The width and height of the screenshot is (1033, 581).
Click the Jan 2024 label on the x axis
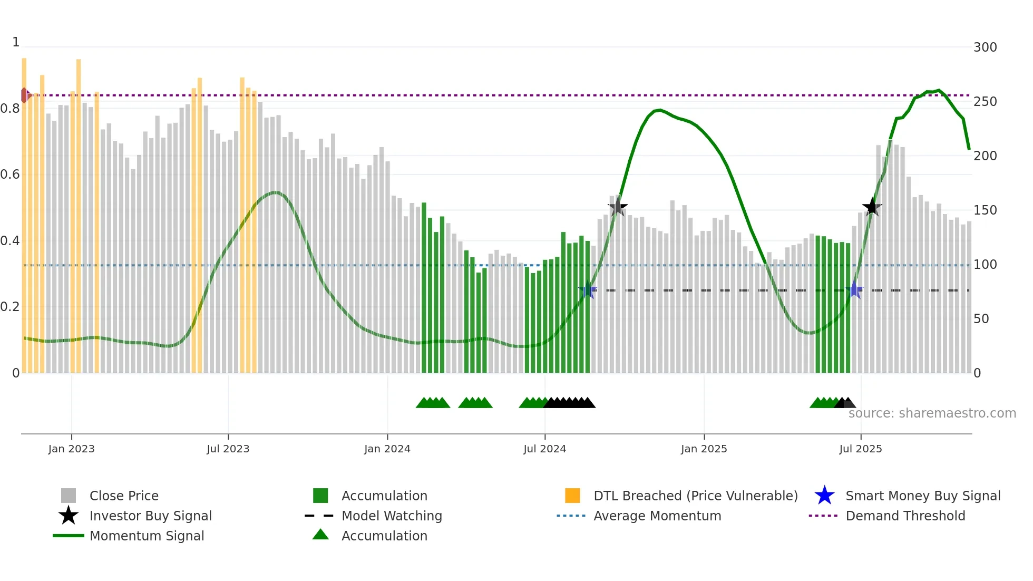387,449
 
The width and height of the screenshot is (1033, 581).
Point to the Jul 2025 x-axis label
860,449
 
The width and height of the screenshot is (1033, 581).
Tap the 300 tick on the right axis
985,47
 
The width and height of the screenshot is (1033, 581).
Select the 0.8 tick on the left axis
10,109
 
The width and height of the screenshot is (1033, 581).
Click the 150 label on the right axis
985,210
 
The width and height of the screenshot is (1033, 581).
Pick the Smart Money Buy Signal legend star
824,496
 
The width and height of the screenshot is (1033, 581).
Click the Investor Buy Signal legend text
150,516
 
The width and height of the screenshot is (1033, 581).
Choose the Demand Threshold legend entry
905,516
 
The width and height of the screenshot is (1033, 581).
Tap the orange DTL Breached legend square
572,496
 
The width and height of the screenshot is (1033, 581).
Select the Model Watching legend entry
391,516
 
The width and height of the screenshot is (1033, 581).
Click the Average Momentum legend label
657,516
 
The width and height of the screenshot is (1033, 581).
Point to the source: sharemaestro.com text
932,413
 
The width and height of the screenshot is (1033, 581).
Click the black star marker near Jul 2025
872,207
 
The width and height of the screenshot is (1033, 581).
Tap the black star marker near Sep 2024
618,207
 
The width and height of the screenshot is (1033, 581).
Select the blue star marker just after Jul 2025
854,290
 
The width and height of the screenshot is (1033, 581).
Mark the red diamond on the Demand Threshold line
24,95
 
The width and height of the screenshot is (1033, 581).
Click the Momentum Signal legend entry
147,536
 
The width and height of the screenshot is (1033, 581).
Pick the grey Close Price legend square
69,496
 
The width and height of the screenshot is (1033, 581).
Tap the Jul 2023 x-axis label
228,449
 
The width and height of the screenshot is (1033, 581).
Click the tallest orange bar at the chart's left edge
24,211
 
